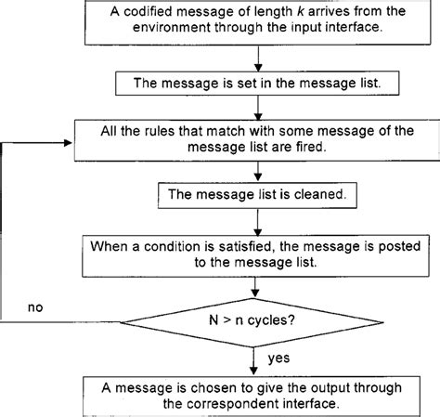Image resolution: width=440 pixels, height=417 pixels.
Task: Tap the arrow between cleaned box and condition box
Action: pyautogui.click(x=256, y=221)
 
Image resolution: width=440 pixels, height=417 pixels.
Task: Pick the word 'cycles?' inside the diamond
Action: pyautogui.click(x=284, y=319)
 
